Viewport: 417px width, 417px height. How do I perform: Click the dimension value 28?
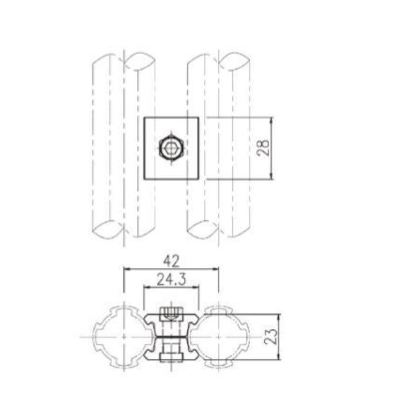tap(264, 148)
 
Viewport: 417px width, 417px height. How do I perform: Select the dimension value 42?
tap(171, 261)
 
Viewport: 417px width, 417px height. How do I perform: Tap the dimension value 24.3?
tap(171, 280)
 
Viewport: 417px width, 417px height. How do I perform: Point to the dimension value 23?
tap(271, 337)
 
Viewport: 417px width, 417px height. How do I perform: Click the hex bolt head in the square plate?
tap(171, 149)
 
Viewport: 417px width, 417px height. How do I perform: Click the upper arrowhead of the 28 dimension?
tap(271, 120)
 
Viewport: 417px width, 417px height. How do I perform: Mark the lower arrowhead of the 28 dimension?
tap(271, 176)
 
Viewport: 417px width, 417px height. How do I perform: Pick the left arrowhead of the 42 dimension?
tap(127, 269)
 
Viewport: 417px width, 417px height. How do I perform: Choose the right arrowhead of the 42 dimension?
tap(215, 269)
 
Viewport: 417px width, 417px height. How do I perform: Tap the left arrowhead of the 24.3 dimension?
tap(147, 287)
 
